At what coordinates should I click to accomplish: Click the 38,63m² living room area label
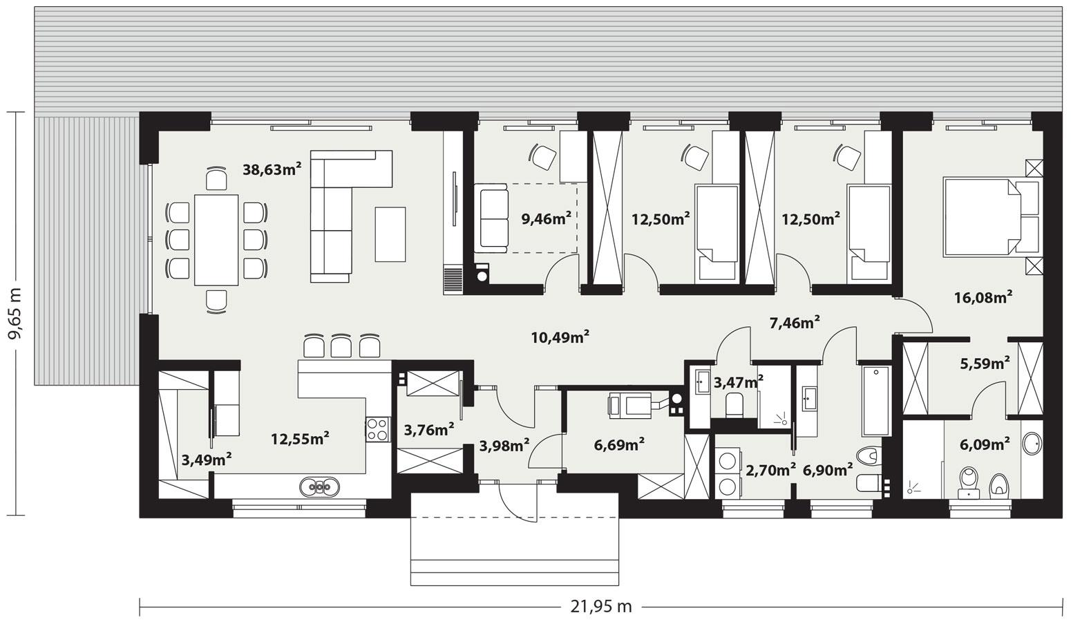pyautogui.click(x=272, y=169)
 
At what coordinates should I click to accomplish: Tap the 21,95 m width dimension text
pyautogui.click(x=600, y=606)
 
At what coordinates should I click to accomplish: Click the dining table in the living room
pyautogui.click(x=216, y=239)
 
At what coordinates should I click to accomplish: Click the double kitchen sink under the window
pyautogui.click(x=320, y=487)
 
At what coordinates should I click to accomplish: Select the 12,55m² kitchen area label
pyautogui.click(x=299, y=438)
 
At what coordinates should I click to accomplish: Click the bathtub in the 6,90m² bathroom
pyautogui.click(x=877, y=401)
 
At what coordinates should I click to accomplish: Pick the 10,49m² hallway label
pyautogui.click(x=560, y=337)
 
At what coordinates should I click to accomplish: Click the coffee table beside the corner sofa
pyautogui.click(x=390, y=234)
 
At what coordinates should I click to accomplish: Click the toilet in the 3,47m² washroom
pyautogui.click(x=734, y=406)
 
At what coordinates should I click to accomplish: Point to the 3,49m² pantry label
pyautogui.click(x=205, y=458)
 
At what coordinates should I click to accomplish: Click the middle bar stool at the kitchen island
pyautogui.click(x=341, y=345)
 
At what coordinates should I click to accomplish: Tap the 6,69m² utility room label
pyautogui.click(x=619, y=444)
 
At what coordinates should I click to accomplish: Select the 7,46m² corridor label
pyautogui.click(x=795, y=321)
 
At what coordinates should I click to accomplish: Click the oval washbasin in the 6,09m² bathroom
pyautogui.click(x=1032, y=444)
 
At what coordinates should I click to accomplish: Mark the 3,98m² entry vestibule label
pyautogui.click(x=504, y=445)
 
